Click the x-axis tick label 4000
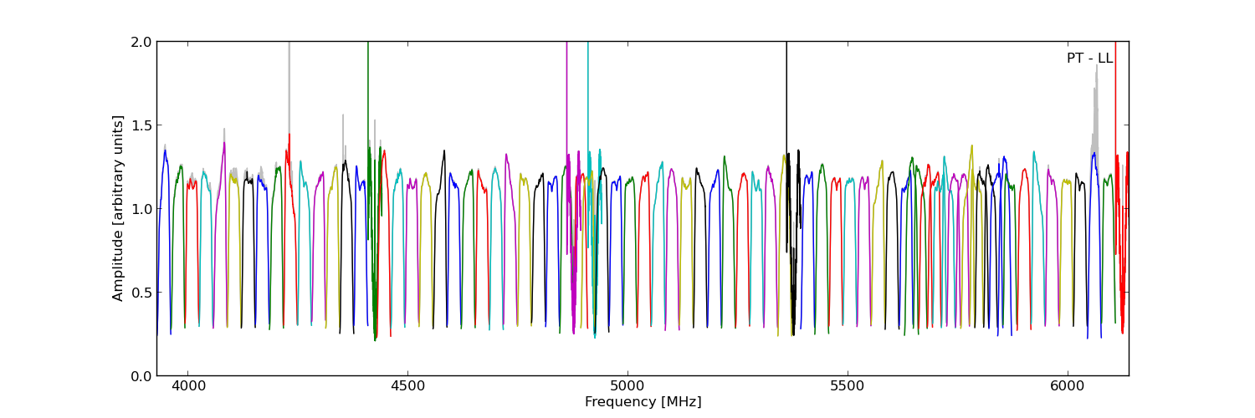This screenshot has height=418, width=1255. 187,387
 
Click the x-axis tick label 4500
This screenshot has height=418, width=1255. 407,387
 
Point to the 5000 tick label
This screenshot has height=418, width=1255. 627,387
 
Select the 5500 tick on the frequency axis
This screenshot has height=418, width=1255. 848,387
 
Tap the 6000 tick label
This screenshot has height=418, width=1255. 1068,387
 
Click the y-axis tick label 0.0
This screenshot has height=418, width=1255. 141,376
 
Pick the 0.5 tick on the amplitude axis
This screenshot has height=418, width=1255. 141,293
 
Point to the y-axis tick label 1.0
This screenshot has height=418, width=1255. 141,209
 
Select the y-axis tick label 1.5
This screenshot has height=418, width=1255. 141,125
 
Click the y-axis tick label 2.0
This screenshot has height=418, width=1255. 141,42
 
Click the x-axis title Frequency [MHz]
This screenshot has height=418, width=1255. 643,402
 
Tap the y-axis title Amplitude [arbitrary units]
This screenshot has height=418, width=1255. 118,208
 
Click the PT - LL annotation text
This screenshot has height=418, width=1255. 1089,59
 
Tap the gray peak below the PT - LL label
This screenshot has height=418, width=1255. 1096,84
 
